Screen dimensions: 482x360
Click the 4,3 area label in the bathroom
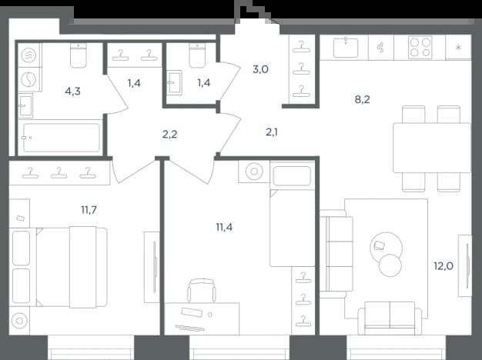coord(72,92)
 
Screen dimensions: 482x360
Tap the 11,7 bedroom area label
coord(89,210)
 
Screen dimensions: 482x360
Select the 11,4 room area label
coord(224,227)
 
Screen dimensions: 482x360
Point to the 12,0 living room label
coord(444,266)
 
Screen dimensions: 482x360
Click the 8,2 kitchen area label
coord(362,99)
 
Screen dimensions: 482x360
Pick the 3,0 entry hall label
coord(260,70)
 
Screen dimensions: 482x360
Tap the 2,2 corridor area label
coord(169,135)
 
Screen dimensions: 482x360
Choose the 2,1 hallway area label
coord(272,132)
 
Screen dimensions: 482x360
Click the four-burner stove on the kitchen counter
coord(420,47)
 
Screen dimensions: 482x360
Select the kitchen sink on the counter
coord(346,47)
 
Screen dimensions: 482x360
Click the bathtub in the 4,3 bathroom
coord(62,138)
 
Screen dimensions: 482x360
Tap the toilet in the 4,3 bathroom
coord(78,55)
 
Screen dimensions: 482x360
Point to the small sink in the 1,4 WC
coord(175,82)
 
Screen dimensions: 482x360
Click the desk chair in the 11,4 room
coord(202,290)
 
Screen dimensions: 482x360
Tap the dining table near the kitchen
coord(432,148)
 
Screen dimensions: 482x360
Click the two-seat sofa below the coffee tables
coord(390,318)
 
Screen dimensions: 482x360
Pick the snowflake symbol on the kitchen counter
coord(458,47)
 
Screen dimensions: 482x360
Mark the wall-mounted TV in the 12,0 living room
coord(465,266)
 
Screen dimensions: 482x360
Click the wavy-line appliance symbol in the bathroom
coord(28,55)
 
